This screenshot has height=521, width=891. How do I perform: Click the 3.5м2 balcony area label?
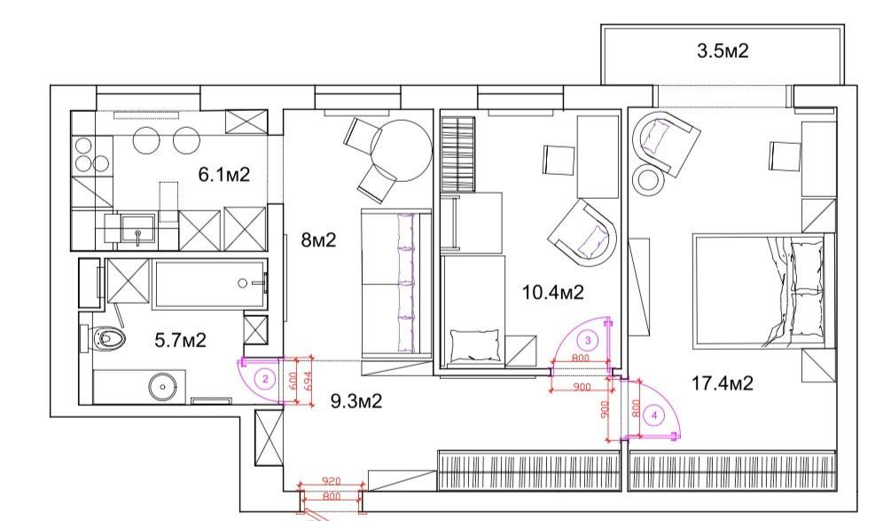[x=723, y=51]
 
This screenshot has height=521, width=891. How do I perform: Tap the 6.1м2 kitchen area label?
[x=224, y=174]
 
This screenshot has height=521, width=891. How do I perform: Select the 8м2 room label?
[x=318, y=240]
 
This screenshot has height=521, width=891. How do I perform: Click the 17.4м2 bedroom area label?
[x=722, y=383]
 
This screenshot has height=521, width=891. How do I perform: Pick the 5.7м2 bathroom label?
[x=180, y=340]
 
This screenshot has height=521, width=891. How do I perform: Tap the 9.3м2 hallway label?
[x=356, y=401]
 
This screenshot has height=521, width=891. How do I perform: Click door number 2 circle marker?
[x=265, y=379]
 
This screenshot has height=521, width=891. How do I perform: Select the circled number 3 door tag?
[x=588, y=341]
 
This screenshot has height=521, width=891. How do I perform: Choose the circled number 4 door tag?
[x=654, y=415]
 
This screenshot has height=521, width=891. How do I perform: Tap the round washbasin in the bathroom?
[x=163, y=387]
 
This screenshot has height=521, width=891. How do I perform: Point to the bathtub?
[x=210, y=284]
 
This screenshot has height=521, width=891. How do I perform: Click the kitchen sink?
[x=137, y=230]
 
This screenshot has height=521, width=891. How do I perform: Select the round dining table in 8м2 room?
[x=402, y=150]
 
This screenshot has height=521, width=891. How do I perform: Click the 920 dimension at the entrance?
[x=331, y=481]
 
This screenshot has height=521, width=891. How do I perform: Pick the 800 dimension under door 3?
[x=580, y=359]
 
